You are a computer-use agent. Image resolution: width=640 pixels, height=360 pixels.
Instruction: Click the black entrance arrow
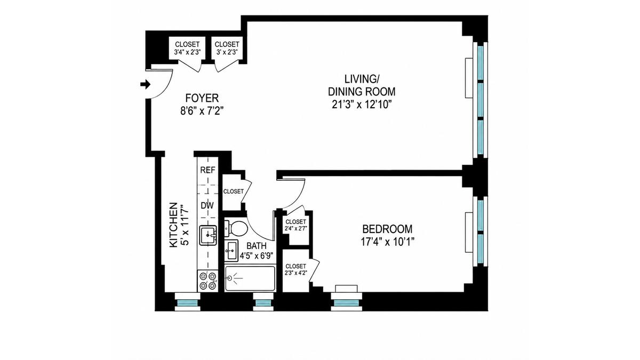(x=146, y=85)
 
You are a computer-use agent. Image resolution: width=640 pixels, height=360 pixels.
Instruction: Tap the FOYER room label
(x=202, y=98)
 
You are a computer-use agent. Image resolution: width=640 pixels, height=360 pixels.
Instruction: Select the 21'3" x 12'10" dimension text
(x=362, y=105)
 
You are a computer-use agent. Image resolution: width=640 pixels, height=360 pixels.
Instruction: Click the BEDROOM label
(x=387, y=229)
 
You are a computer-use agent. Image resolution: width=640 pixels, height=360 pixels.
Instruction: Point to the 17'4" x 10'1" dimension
(x=387, y=242)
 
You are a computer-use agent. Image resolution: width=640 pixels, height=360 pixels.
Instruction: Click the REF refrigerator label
(x=207, y=170)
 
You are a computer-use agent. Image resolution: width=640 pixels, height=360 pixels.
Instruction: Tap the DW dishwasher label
(x=207, y=206)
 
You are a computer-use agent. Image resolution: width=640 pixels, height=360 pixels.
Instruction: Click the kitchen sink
(x=207, y=235)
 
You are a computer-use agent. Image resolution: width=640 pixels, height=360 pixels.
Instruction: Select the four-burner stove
(x=207, y=281)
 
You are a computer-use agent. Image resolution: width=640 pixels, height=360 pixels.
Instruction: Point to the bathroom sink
(x=231, y=251)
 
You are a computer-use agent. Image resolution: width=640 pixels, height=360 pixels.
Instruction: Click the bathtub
(x=250, y=278)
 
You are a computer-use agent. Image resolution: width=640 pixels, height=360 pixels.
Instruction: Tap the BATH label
(x=257, y=246)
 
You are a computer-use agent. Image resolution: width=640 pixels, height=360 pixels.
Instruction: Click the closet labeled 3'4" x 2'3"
(x=187, y=48)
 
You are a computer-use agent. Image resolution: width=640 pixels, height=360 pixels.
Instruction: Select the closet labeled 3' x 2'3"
(x=227, y=48)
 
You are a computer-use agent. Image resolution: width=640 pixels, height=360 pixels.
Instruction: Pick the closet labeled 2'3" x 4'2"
(x=295, y=270)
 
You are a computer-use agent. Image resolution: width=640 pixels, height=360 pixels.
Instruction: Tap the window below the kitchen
(x=187, y=302)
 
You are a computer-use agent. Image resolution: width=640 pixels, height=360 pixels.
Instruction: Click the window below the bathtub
(x=263, y=302)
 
